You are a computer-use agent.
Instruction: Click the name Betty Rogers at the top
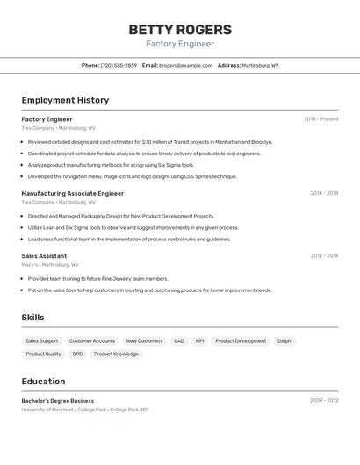pos(180,29)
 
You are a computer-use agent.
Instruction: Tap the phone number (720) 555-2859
pos(119,65)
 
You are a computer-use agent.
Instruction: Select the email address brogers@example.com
pos(185,65)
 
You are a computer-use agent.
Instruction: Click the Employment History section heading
pos(65,100)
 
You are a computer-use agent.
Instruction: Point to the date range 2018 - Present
pos(320,118)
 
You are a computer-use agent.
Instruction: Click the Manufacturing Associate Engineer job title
pos(72,193)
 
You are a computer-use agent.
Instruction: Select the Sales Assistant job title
pos(44,255)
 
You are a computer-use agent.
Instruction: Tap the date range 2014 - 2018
pos(324,193)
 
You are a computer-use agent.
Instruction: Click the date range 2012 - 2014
pos(324,255)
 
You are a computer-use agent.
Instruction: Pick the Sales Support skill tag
pos(42,340)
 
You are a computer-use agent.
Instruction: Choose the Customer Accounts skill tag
pos(92,340)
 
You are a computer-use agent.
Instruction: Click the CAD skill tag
pos(179,340)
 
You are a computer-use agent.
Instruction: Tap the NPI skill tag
pos(199,340)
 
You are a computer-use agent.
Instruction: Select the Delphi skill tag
pos(284,340)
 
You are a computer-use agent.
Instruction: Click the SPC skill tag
pos(77,354)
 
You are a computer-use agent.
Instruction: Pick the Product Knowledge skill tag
pos(116,354)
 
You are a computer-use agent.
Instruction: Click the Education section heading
pos(43,382)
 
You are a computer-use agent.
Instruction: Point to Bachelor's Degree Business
pos(57,400)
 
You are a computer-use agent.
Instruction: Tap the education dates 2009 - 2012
pos(324,400)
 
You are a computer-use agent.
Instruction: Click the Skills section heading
pos(32,318)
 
